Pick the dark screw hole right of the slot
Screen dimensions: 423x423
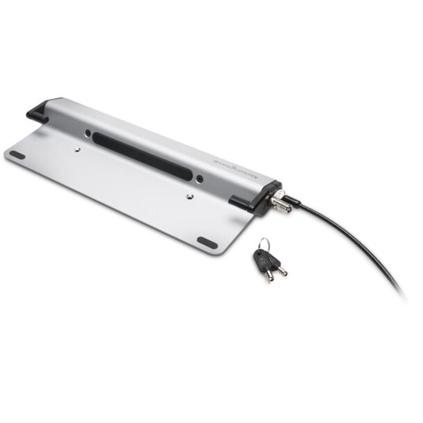pos(199,178)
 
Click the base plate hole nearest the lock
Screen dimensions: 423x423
pos(190,196)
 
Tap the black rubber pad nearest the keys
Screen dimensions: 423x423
pos(207,242)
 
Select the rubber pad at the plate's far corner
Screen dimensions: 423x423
pos(17,155)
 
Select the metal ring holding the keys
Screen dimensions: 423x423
pos(265,244)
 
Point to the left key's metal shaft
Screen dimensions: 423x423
pos(268,275)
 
